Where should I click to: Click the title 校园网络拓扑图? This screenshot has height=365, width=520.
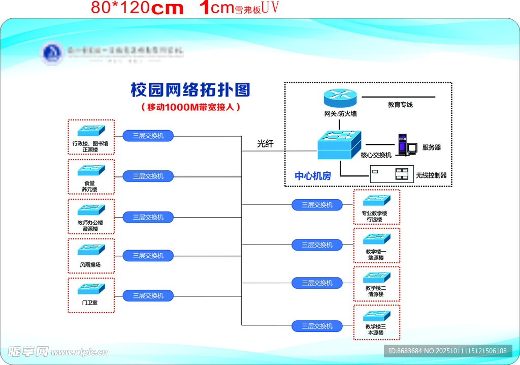(190, 90)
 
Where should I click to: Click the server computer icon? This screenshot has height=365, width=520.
(406, 144)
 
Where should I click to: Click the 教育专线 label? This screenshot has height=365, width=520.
(400, 105)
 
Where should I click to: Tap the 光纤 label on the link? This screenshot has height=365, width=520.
(265, 144)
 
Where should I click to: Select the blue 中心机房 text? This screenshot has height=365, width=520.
(313, 176)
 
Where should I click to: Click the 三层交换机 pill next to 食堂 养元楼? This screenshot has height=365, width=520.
(148, 176)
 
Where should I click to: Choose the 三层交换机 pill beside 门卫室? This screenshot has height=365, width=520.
(148, 295)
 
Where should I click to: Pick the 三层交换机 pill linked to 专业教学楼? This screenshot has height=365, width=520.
(317, 205)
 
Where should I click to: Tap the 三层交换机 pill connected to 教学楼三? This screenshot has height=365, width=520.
(317, 326)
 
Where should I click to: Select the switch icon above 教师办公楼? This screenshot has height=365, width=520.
(91, 209)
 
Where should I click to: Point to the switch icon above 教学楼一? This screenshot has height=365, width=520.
(376, 238)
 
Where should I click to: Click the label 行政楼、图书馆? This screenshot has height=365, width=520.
(90, 144)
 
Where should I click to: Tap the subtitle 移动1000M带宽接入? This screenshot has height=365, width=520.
(190, 107)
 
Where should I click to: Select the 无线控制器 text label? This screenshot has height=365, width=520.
(431, 175)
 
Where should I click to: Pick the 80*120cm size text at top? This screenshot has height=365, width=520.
(137, 8)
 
